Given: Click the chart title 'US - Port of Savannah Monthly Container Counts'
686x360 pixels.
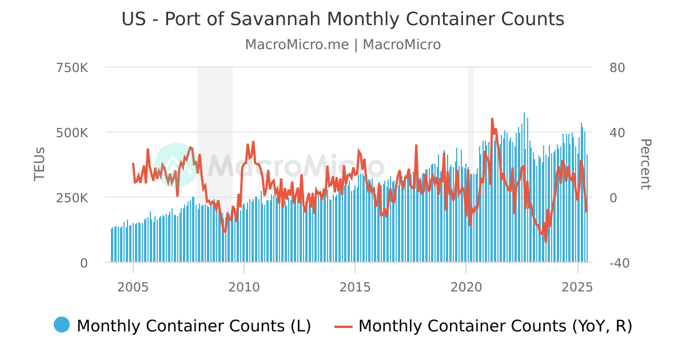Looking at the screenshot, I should click(x=342, y=19).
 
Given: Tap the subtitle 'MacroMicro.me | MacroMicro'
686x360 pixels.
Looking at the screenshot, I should click(x=342, y=45).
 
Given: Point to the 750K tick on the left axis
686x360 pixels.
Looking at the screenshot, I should click(x=72, y=67).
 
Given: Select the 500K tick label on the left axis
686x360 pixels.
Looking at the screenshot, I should click(x=72, y=133).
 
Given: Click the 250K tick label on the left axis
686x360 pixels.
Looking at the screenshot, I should click(x=72, y=198).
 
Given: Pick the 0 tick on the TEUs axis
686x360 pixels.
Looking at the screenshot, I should click(x=83, y=263).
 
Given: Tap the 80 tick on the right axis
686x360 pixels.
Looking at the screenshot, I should click(x=617, y=67).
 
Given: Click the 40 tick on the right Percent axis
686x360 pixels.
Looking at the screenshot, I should click(x=617, y=133).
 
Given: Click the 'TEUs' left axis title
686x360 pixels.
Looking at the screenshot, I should click(x=39, y=165).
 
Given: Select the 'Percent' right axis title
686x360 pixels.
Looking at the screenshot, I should click(x=645, y=165).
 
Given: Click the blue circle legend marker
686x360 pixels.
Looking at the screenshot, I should click(x=62, y=325).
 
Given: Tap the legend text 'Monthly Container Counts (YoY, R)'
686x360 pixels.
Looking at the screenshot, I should click(x=495, y=326).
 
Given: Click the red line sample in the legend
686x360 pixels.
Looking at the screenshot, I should click(x=344, y=326).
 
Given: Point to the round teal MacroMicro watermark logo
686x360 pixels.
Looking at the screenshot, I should click(x=176, y=165).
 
